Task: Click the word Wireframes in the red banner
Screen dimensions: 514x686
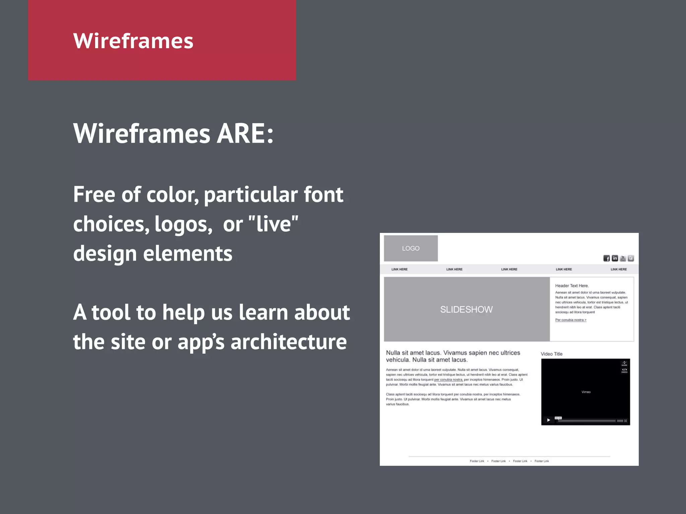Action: tap(133, 41)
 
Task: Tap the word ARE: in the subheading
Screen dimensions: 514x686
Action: tap(245, 134)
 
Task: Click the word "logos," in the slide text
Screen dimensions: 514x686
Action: tap(183, 224)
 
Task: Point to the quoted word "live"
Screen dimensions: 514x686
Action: tap(273, 224)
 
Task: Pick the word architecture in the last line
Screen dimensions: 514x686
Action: tap(288, 342)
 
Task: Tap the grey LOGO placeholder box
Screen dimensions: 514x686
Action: tap(411, 248)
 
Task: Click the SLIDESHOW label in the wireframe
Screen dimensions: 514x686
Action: tap(466, 310)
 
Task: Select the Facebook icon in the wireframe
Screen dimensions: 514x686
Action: tap(607, 258)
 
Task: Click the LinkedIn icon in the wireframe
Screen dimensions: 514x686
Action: tap(615, 258)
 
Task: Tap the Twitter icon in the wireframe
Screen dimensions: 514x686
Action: tap(631, 258)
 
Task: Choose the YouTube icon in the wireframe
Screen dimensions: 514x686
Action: tap(623, 258)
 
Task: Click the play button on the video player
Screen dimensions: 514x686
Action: tap(548, 420)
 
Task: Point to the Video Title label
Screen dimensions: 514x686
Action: tap(551, 354)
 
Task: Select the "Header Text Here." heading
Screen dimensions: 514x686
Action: tap(572, 286)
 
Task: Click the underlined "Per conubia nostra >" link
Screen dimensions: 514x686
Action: tap(571, 320)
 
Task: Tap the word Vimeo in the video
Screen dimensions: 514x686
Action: tap(586, 392)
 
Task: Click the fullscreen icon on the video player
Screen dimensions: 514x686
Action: tap(625, 421)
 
